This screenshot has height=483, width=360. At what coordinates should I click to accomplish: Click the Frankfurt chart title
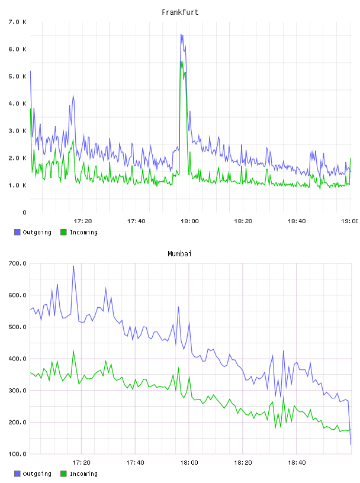pyautogui.click(x=180, y=12)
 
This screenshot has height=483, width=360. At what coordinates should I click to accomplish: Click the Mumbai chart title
pyautogui.click(x=179, y=254)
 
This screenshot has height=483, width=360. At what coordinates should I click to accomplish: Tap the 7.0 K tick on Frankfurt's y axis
pyautogui.click(x=18, y=22)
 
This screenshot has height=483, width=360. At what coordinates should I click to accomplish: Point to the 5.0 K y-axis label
pyautogui.click(x=18, y=76)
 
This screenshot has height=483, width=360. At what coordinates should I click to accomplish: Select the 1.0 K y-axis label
pyautogui.click(x=18, y=185)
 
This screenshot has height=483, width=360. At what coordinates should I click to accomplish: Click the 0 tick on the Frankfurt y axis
pyautogui.click(x=24, y=212)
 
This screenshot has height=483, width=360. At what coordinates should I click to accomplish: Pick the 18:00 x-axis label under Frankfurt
pyautogui.click(x=189, y=221)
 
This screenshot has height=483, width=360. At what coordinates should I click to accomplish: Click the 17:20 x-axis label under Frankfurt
pyautogui.click(x=83, y=221)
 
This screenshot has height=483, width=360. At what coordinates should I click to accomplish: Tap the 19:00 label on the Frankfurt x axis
pyautogui.click(x=349, y=221)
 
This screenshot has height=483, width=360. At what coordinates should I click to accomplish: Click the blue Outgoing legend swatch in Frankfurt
pyautogui.click(x=17, y=232)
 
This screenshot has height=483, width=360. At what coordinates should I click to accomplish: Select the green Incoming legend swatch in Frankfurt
pyautogui.click(x=63, y=232)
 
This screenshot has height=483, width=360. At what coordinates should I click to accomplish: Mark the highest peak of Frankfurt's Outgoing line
pyautogui.click(x=181, y=34)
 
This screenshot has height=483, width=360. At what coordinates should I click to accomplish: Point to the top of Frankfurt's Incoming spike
pyautogui.click(x=181, y=62)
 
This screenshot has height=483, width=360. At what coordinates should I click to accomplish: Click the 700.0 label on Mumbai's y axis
pyautogui.click(x=17, y=263)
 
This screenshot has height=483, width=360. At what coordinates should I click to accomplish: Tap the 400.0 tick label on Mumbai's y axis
pyautogui.click(x=17, y=359)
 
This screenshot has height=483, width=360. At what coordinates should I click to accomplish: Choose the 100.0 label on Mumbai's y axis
pyautogui.click(x=17, y=454)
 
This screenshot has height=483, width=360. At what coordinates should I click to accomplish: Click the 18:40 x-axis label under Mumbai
pyautogui.click(x=297, y=463)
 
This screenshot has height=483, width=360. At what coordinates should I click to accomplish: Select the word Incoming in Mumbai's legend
pyautogui.click(x=83, y=474)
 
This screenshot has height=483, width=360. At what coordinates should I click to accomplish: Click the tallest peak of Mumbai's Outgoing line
pyautogui.click(x=73, y=266)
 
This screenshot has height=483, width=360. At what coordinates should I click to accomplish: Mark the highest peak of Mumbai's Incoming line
pyautogui.click(x=73, y=350)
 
